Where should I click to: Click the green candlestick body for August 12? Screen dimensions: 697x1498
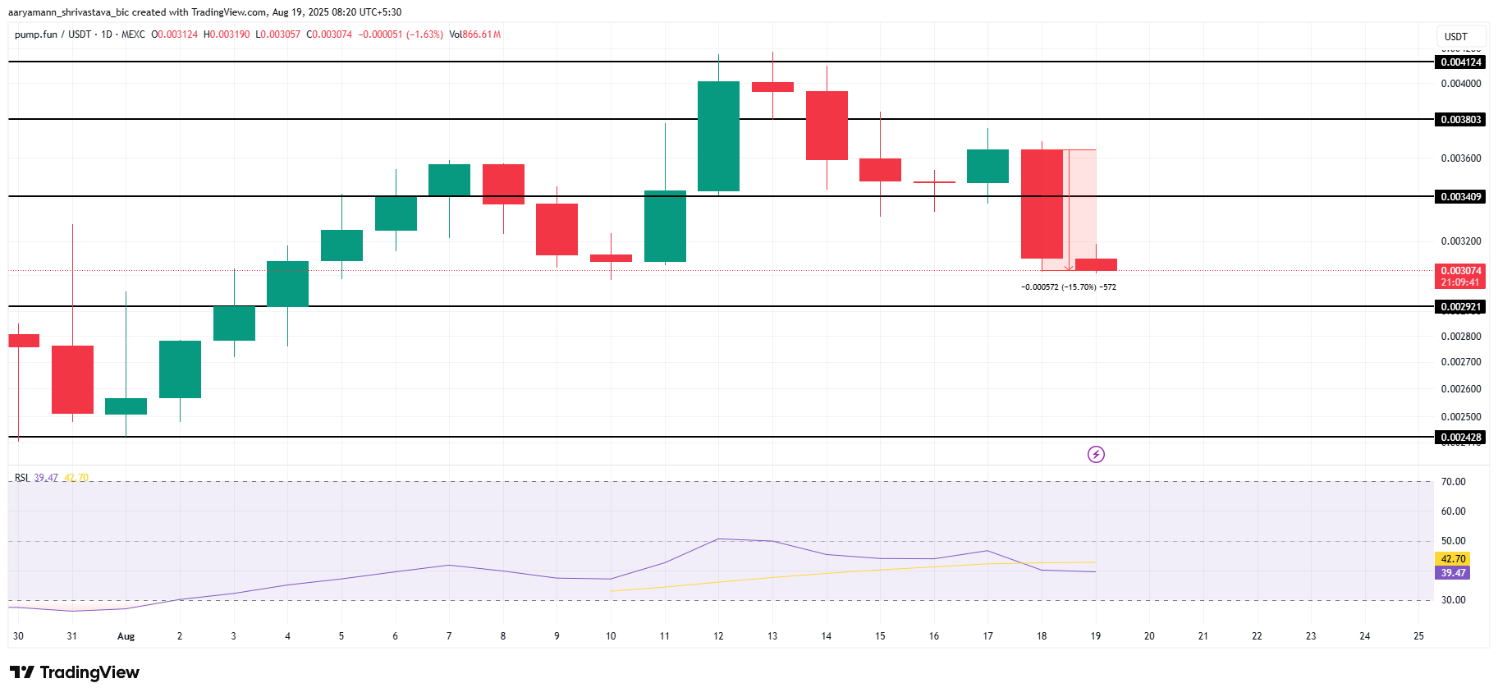pos(718,136)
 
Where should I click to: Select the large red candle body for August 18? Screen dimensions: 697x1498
pos(1042,204)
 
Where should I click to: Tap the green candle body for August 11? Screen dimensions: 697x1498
pos(665,227)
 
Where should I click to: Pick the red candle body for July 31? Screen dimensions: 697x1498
pos(72,379)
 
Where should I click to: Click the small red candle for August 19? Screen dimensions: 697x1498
pos(1096,264)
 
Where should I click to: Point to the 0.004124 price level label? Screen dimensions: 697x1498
pos(1461,62)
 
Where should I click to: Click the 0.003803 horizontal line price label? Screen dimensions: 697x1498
pos(1461,120)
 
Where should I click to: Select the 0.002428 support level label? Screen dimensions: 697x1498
pos(1461,438)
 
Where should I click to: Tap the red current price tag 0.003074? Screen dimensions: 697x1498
pos(1461,276)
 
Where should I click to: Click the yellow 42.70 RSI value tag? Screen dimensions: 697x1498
pos(1453,559)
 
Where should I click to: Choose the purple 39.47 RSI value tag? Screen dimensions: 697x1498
pos(1453,573)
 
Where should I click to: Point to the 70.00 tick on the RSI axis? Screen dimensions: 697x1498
pos(1453,482)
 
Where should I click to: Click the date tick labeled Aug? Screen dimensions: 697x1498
pos(126,636)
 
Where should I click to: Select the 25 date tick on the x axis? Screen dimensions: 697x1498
pos(1418,636)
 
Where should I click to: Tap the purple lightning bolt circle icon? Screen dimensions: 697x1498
pos(1096,454)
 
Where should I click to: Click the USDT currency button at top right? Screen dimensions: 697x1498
pos(1456,36)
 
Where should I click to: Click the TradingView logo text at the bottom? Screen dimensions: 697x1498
pos(76,672)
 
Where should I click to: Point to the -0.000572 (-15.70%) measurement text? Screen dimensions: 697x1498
pos(1068,287)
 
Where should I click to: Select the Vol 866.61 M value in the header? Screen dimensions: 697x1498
pos(475,34)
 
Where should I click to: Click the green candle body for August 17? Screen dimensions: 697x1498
pos(987,166)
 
